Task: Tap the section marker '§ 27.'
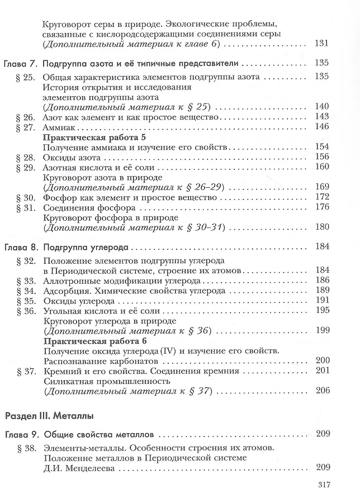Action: [x=26, y=127]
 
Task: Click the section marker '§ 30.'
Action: [x=26, y=197]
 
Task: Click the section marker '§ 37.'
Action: [x=26, y=371]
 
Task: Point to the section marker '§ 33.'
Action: [x=26, y=280]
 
